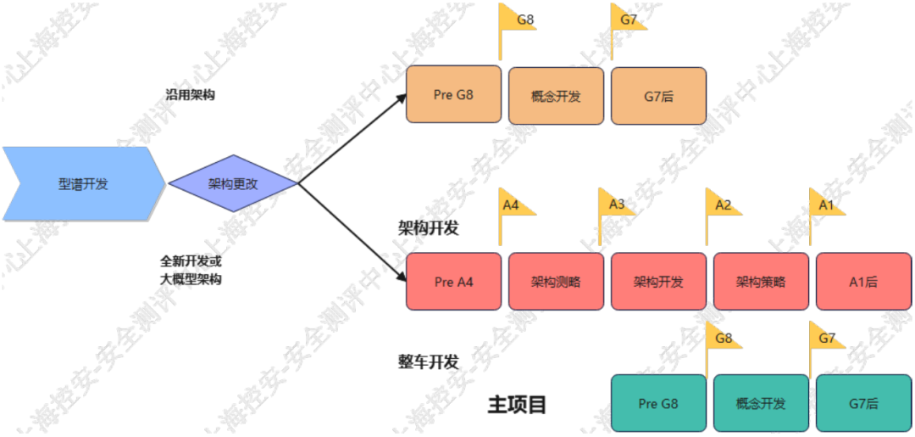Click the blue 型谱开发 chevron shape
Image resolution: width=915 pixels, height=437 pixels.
(83, 183)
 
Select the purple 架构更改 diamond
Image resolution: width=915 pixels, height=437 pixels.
(232, 183)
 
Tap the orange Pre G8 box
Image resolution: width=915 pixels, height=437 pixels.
(453, 95)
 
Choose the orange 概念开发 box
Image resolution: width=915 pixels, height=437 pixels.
(556, 95)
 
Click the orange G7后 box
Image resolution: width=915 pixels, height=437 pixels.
(658, 95)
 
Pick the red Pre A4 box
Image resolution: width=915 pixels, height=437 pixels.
(453, 281)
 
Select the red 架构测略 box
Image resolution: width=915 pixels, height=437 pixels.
(556, 281)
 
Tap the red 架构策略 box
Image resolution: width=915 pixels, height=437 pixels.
(761, 281)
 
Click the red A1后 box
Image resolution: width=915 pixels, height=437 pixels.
(863, 281)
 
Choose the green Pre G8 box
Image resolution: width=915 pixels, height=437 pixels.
(658, 403)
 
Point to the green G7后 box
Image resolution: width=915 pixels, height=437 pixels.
(863, 403)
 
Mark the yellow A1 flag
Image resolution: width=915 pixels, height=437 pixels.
(826, 204)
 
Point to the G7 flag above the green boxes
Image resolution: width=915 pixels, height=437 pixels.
(826, 339)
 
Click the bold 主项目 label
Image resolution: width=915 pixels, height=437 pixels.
(517, 405)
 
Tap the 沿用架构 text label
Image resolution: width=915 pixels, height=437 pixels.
(190, 95)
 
